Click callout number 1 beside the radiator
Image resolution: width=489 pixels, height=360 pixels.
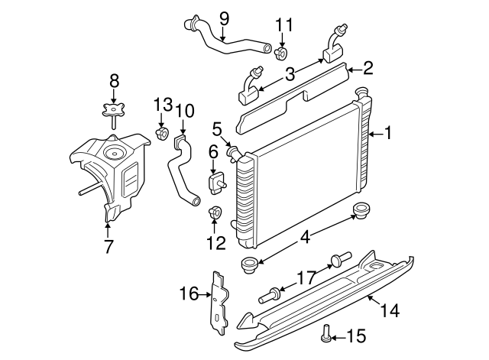[x=388, y=134]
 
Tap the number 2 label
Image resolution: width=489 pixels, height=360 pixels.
[x=368, y=69]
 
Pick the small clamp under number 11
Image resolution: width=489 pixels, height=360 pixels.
[x=282, y=53]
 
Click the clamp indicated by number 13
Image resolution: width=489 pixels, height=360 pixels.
[x=162, y=135]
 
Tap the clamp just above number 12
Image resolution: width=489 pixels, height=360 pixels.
[x=215, y=212]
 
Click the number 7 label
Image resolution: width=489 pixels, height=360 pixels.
[x=108, y=245]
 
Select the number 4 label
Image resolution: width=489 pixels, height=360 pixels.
[x=305, y=237]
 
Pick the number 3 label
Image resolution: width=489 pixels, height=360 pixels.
[x=289, y=73]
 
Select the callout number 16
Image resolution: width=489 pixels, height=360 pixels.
[x=188, y=292]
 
